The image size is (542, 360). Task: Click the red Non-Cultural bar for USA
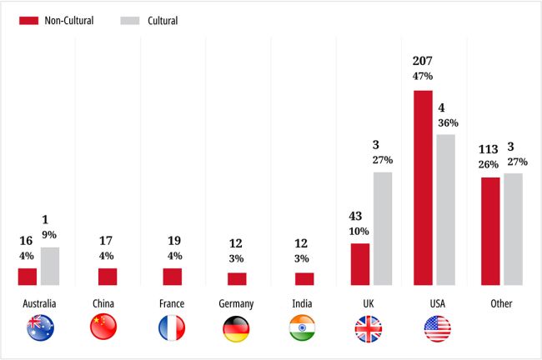(x=424, y=187)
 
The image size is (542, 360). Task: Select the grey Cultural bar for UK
(x=383, y=228)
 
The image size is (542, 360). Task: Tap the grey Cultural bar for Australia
(x=50, y=266)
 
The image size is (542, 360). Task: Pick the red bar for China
(x=108, y=277)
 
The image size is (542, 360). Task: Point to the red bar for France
(x=173, y=277)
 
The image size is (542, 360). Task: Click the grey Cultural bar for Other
(x=513, y=229)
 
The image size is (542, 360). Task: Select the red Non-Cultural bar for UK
(x=360, y=264)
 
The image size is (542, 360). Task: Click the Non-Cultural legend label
(x=68, y=21)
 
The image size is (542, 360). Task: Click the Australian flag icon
(x=40, y=328)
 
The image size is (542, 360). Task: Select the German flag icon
(x=237, y=328)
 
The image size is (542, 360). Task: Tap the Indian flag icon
(x=302, y=328)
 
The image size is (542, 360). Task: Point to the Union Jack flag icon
(x=368, y=328)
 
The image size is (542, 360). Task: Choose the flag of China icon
(x=103, y=328)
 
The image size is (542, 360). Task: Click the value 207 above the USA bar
(x=423, y=61)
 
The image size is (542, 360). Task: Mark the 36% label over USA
(x=448, y=123)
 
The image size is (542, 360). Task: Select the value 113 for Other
(x=488, y=150)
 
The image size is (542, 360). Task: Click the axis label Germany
(x=237, y=304)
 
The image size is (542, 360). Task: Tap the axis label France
(x=171, y=304)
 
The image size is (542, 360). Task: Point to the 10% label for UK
(x=359, y=231)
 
